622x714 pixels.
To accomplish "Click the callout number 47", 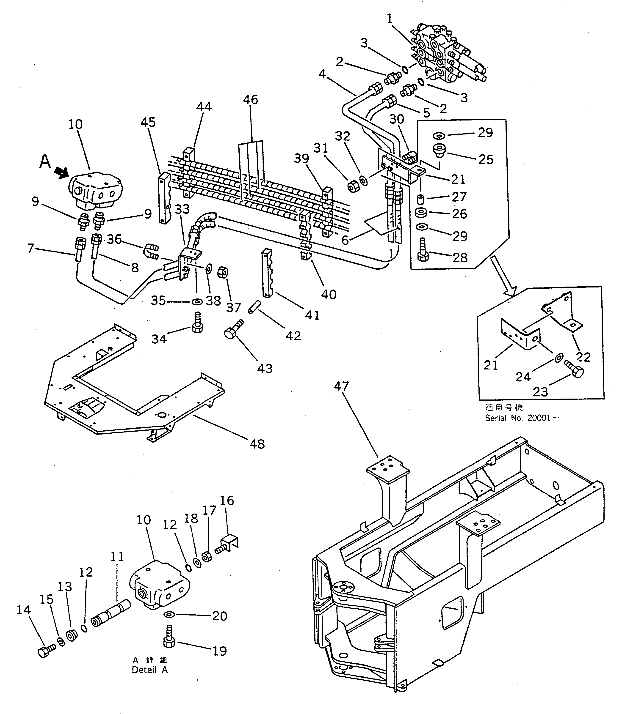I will pos(341,386).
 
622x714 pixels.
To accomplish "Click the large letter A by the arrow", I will pos(45,161).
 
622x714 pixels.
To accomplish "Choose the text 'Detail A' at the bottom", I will pos(150,670).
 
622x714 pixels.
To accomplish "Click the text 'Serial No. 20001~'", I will pos(522,418).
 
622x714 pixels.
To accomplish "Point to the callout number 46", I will pos(250,99).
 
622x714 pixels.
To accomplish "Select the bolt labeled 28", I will pos(423,250).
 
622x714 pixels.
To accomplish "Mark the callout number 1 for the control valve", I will pos(390,18).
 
